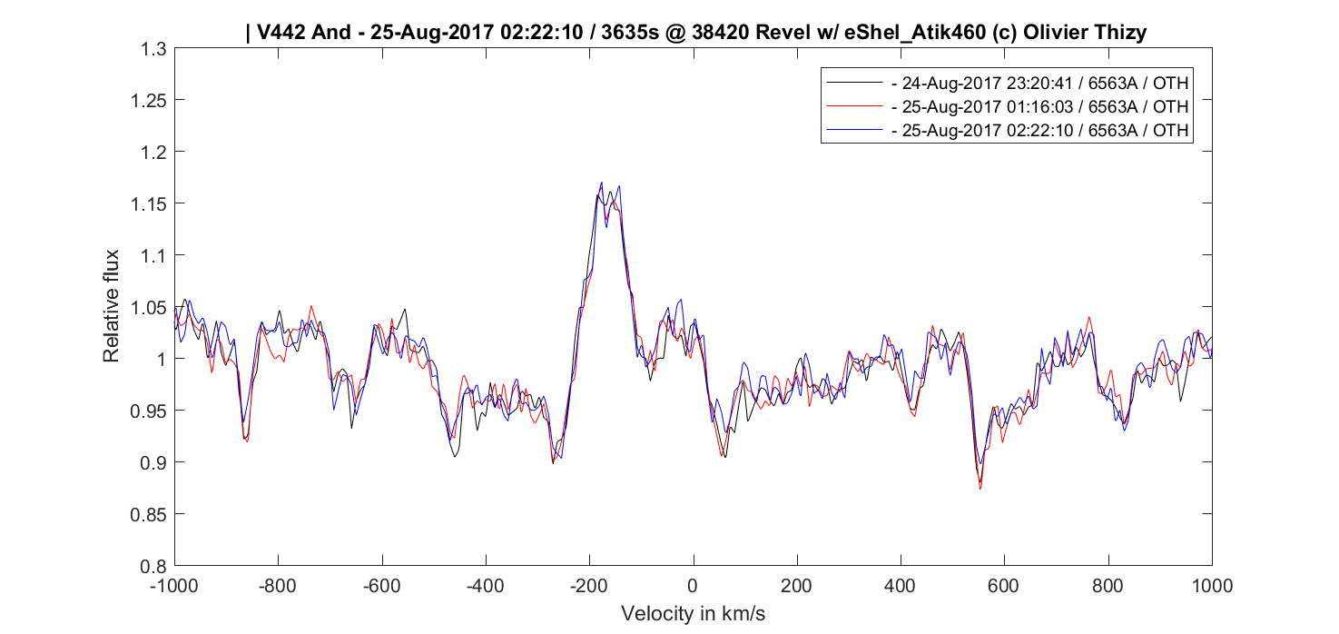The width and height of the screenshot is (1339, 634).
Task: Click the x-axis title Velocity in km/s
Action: coord(693,614)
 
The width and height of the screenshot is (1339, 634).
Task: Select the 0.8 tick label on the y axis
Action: coord(153,566)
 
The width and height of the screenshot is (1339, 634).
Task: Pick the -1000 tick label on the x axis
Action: coord(174,586)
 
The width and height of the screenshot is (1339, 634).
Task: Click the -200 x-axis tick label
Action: coord(589,586)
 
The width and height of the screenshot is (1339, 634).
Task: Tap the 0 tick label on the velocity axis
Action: coord(693,586)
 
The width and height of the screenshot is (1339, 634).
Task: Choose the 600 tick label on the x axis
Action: coord(1004,586)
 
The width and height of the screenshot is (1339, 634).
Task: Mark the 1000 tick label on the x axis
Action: coord(1211,586)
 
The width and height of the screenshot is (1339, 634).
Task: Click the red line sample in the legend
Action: coord(854,106)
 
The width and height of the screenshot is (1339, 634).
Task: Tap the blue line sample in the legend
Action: coord(854,131)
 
